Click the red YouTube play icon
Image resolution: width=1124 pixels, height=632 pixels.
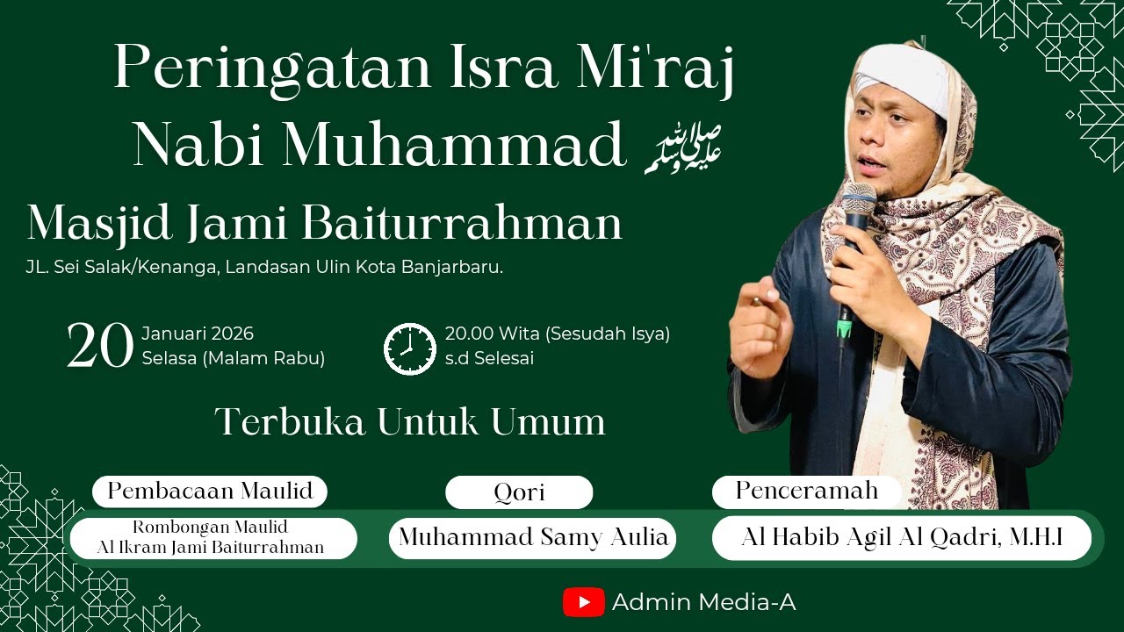pyautogui.click(x=584, y=602)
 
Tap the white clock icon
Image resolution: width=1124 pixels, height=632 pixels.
pyautogui.click(x=410, y=348)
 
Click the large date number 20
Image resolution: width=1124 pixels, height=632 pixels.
pyautogui.click(x=100, y=346)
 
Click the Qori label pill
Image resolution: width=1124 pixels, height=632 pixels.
pyautogui.click(x=519, y=492)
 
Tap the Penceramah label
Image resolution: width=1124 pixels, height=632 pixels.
pyautogui.click(x=806, y=492)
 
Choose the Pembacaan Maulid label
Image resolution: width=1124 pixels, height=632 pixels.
pyautogui.click(x=210, y=492)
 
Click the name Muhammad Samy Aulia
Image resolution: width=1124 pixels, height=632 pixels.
pyautogui.click(x=533, y=537)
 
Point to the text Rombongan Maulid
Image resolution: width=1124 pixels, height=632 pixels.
pyautogui.click(x=211, y=528)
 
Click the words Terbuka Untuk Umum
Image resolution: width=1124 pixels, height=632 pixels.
pyautogui.click(x=410, y=422)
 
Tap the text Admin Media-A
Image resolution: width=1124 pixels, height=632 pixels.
pyautogui.click(x=703, y=602)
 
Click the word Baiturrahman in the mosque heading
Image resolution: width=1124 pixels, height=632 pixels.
pyautogui.click(x=463, y=224)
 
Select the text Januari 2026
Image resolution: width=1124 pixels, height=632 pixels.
pyautogui.click(x=198, y=334)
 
